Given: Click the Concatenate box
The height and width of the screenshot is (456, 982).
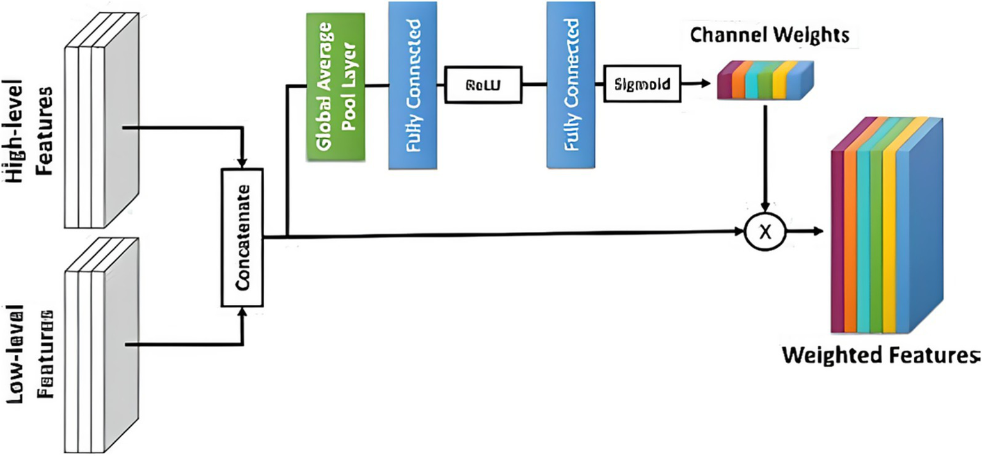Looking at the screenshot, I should pos(242,237).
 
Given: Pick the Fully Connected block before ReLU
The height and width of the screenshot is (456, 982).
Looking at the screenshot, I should pos(414,85).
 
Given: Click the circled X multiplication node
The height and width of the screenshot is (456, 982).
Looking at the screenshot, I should pos(764,232).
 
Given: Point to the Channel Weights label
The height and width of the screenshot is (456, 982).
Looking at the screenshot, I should pos(770,36).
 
